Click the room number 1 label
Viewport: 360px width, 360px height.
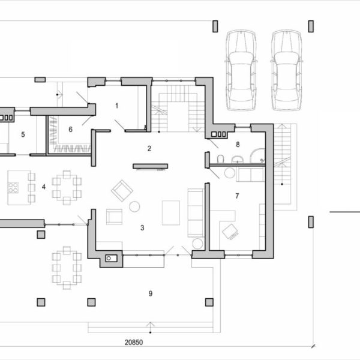117,106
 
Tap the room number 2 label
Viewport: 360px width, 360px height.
149,149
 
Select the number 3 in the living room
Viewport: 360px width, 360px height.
142,228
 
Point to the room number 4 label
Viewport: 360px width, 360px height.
44,187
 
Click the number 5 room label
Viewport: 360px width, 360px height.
23,134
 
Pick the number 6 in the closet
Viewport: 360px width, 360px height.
70,130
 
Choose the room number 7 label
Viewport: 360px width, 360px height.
237,196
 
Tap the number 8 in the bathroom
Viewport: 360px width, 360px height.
238,145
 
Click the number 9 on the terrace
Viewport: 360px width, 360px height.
151,293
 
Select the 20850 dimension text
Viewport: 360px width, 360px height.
134,343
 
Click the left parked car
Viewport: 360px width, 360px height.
241,70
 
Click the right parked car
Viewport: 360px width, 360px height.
287,70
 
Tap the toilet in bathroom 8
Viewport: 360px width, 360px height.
220,159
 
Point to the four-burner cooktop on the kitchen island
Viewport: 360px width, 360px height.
13,187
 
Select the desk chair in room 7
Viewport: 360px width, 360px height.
230,232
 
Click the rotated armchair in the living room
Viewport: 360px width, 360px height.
122,191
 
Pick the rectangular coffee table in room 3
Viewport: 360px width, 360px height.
171,213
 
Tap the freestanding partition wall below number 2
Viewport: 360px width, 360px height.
151,166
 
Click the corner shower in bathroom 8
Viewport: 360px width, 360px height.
257,156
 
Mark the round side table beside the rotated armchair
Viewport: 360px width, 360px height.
134,206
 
